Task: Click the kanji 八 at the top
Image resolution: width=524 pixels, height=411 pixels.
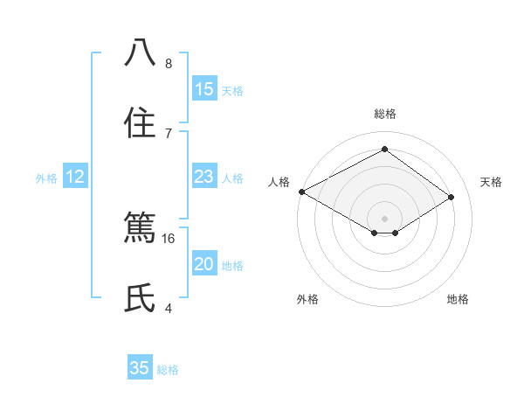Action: [140, 53]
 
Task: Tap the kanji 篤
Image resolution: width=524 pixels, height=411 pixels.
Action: [140, 228]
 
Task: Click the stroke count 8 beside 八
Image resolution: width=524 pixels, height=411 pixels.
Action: [169, 63]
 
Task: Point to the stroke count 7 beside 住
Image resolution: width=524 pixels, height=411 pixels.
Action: [169, 133]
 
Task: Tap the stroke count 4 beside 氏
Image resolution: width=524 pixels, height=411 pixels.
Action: [169, 308]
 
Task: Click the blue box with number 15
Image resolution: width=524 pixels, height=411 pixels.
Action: [203, 88]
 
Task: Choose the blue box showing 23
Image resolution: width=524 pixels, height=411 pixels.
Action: [203, 177]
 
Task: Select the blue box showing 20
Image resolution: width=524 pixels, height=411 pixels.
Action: [203, 264]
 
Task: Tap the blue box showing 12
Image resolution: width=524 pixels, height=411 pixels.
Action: [75, 177]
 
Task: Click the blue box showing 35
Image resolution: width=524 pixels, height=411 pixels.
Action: [140, 368]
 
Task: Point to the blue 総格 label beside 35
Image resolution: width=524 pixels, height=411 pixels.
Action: [168, 370]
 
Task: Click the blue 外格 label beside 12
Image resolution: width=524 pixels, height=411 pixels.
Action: [46, 178]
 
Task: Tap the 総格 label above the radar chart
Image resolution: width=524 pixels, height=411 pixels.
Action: [384, 114]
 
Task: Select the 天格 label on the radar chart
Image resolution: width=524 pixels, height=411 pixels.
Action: [491, 182]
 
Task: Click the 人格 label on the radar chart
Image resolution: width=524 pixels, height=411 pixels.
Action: [279, 182]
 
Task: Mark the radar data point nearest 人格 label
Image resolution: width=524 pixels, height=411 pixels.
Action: [301, 192]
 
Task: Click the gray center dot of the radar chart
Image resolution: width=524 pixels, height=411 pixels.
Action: [384, 218]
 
